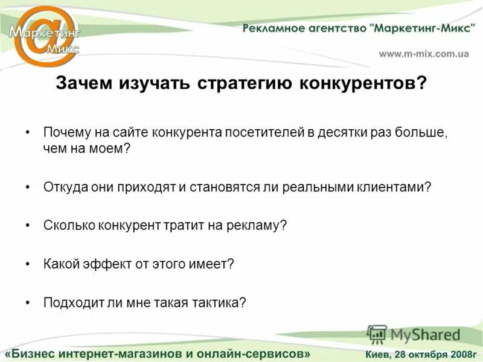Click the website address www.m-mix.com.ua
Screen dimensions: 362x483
[x=424, y=54]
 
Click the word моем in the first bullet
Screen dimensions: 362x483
[x=108, y=148]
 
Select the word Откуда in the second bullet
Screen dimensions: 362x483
[x=63, y=187]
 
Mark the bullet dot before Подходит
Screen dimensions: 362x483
[x=28, y=302]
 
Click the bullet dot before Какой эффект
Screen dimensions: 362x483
[x=28, y=264]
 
